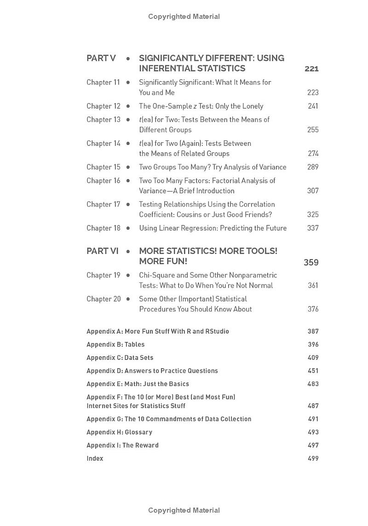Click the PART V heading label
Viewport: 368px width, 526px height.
click(101, 58)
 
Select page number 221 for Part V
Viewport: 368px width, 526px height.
click(311, 69)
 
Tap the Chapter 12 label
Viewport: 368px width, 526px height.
click(103, 106)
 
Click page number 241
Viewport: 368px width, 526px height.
click(313, 106)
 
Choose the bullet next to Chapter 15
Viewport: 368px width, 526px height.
click(128, 167)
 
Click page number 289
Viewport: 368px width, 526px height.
click(313, 167)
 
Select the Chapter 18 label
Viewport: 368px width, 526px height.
click(103, 228)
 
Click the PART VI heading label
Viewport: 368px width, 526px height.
click(103, 251)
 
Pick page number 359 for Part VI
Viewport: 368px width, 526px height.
click(311, 263)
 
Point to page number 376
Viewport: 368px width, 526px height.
click(313, 309)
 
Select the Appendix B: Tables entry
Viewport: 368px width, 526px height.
click(115, 345)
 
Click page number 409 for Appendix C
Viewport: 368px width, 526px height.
click(313, 358)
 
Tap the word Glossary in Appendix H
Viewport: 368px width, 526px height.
click(138, 432)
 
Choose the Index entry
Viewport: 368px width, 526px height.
click(95, 458)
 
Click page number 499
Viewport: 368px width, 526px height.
click(313, 458)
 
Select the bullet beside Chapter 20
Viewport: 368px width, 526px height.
click(128, 299)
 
